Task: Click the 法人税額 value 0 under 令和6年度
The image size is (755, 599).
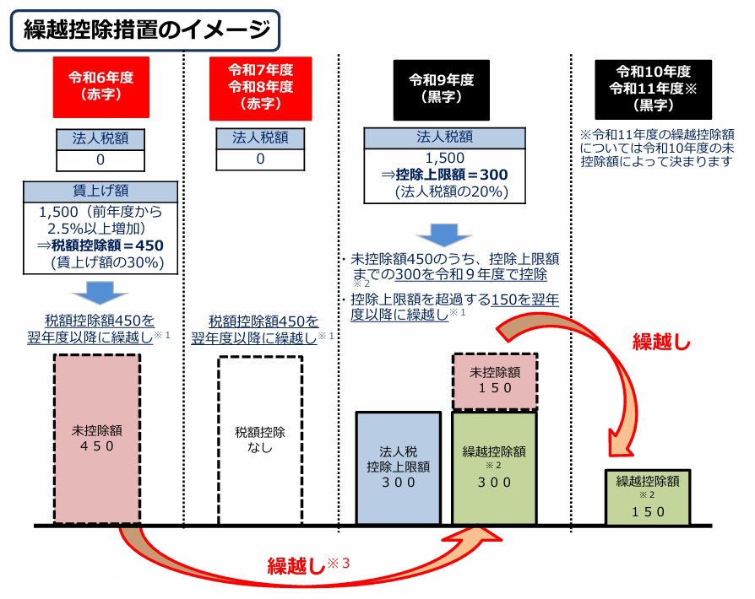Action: coord(100,159)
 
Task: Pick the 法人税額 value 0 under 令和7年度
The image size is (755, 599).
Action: coord(260,159)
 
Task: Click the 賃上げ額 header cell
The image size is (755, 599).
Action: coord(100,192)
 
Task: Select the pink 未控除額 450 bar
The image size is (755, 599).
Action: coord(97,439)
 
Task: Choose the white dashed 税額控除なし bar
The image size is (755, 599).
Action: coord(260,439)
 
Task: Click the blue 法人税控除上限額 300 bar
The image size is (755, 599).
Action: coord(398,468)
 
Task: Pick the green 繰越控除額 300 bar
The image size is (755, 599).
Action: coord(494,468)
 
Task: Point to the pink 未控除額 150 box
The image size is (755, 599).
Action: coord(494,379)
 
